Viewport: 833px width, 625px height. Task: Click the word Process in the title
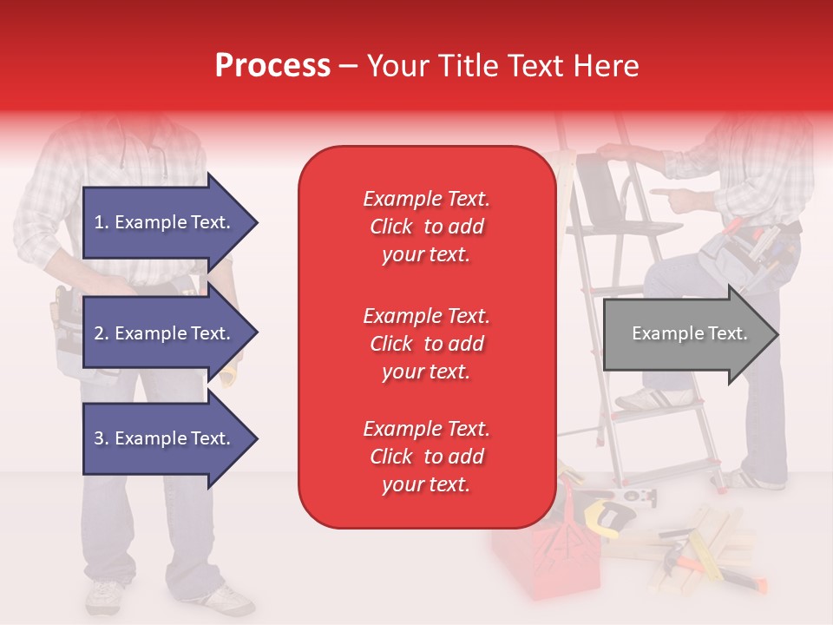[272, 65]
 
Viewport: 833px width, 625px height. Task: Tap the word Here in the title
[607, 65]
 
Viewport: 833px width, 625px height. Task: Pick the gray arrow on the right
[692, 333]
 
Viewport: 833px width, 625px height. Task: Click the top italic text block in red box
[427, 227]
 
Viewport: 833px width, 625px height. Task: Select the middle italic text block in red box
[427, 344]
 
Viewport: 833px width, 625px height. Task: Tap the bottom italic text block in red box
[427, 457]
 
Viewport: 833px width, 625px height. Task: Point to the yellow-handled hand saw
[608, 513]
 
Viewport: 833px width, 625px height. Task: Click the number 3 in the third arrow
[98, 438]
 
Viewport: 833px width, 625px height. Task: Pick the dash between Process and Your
[348, 68]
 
